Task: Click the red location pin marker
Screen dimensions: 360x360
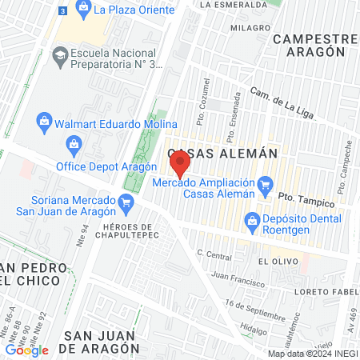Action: coord(180,166)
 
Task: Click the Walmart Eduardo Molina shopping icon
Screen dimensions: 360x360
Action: coord(46,122)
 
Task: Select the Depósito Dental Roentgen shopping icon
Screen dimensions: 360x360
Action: coord(252,218)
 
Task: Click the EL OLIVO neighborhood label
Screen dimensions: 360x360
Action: coord(272,261)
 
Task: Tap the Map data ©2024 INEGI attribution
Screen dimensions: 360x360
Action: coord(312,354)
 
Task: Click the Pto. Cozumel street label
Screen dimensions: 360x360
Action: coord(207,94)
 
